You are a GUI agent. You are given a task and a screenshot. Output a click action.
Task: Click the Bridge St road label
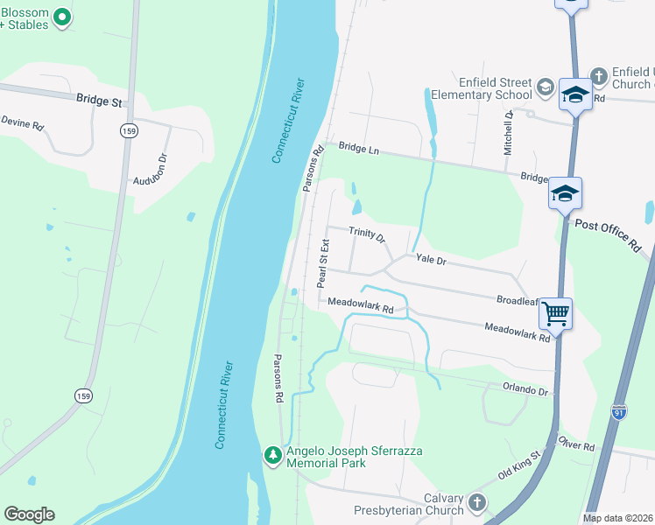point(98,101)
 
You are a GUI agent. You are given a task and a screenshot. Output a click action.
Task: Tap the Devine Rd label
point(22,123)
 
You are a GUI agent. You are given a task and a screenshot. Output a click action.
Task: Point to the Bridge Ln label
point(358,150)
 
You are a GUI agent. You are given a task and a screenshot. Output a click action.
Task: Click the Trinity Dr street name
point(367,234)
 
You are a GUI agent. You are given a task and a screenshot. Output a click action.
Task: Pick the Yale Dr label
point(431,260)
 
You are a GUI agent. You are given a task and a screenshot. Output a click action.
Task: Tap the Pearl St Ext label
point(322,262)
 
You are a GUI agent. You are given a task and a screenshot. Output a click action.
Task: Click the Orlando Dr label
point(525,388)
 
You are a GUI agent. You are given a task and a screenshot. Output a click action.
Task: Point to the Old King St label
point(521,465)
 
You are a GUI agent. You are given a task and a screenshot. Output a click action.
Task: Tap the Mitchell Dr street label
point(507,133)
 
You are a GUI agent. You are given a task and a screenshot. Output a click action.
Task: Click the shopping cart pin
point(556,311)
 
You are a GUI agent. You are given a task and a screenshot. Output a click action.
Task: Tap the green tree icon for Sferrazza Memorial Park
point(272,454)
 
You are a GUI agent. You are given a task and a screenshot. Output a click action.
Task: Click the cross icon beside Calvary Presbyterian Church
point(476,503)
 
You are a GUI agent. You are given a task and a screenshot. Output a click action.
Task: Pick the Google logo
point(29,514)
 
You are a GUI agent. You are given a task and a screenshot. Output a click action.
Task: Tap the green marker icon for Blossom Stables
point(61,16)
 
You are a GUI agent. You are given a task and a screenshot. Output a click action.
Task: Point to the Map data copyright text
point(618,518)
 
